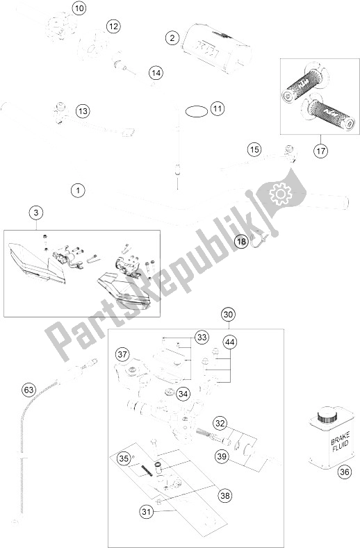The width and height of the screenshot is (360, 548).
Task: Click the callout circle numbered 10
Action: tap(79, 9)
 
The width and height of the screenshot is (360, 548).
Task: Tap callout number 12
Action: tap(113, 26)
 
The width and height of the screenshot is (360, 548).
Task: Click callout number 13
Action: tap(83, 110)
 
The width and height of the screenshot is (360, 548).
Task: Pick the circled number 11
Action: tap(218, 108)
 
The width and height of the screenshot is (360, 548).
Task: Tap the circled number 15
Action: tap(254, 149)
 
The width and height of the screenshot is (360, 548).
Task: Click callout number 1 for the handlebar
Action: tap(79, 189)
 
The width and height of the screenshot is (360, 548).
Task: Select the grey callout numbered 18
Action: tap(241, 242)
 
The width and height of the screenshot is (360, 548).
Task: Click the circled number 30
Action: tap(228, 315)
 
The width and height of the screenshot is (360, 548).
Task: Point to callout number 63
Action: tap(28, 390)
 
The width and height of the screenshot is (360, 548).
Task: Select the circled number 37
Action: tap(122, 355)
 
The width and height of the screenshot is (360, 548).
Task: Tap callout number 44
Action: tap(230, 340)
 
